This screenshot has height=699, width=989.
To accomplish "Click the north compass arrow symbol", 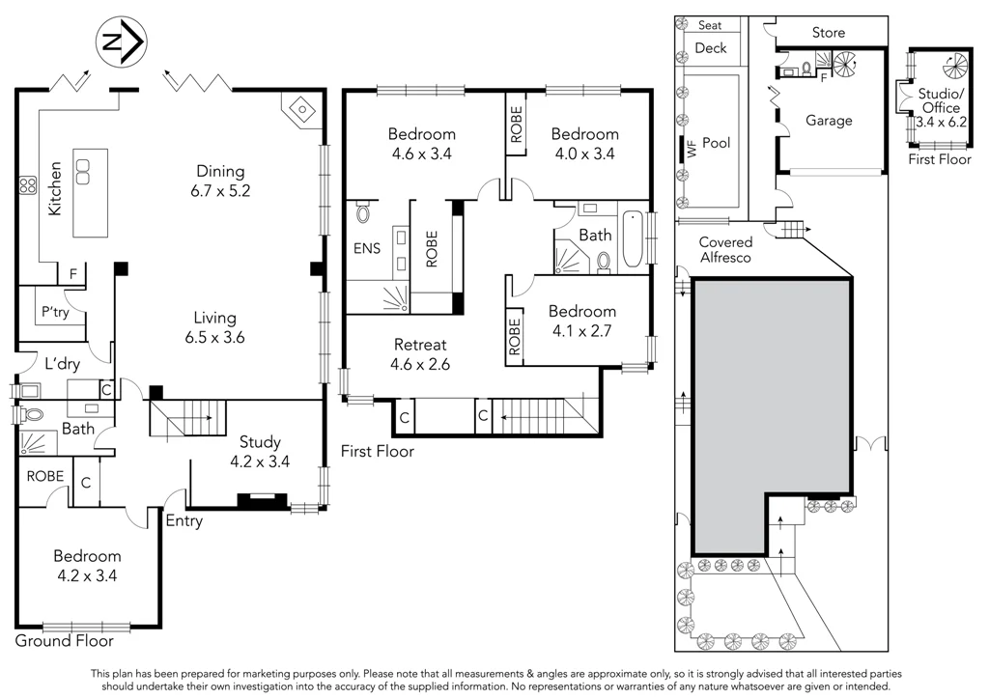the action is pyautogui.click(x=121, y=41).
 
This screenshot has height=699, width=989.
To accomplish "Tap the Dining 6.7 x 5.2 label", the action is pyautogui.click(x=220, y=181).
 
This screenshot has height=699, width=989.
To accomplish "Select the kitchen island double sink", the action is pyautogui.click(x=83, y=172).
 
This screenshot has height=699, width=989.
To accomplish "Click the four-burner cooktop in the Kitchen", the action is pyautogui.click(x=28, y=185).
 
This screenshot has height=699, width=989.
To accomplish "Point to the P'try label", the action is pyautogui.click(x=55, y=312).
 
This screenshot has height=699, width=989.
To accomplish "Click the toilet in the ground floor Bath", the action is pyautogui.click(x=32, y=415).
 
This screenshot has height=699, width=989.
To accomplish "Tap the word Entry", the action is pyautogui.click(x=184, y=520).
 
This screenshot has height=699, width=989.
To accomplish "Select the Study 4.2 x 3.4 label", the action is pyautogui.click(x=260, y=452).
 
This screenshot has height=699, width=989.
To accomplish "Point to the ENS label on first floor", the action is pyautogui.click(x=367, y=248).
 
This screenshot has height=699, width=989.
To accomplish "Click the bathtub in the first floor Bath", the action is pyautogui.click(x=632, y=239).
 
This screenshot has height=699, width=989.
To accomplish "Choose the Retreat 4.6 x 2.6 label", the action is pyautogui.click(x=420, y=354).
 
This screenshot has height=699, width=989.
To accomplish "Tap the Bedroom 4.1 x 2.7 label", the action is pyautogui.click(x=581, y=321).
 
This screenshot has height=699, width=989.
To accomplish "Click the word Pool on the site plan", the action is pyautogui.click(x=717, y=143).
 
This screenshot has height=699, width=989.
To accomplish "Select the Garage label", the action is pyautogui.click(x=829, y=120).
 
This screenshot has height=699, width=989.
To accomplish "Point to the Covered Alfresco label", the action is pyautogui.click(x=726, y=250).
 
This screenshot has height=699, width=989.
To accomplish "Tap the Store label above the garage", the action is pyautogui.click(x=828, y=32).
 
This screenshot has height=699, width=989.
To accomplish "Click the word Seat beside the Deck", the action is pyautogui.click(x=710, y=25).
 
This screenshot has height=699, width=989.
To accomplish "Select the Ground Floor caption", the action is pyautogui.click(x=65, y=640).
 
